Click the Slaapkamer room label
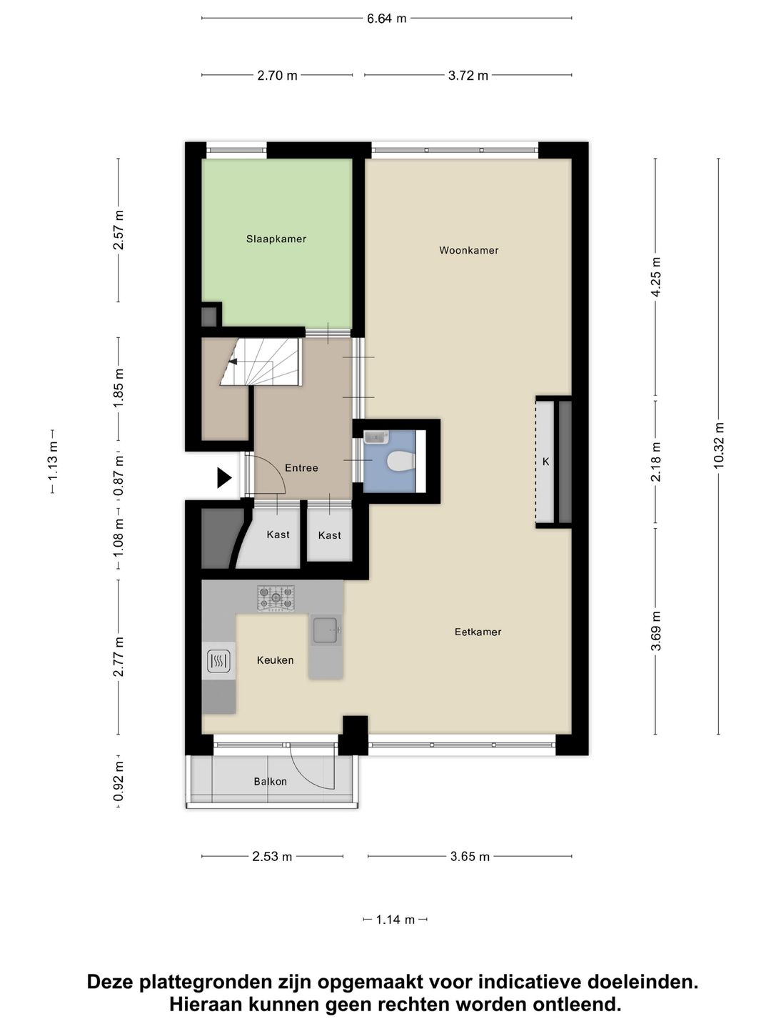(276, 239)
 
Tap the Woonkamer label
(468, 250)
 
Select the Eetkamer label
(478, 632)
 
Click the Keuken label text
(275, 660)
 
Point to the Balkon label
(270, 782)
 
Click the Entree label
(301, 468)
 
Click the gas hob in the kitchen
(276, 598)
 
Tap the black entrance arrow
(224, 477)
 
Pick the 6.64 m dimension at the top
(386, 19)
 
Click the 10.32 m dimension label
(718, 446)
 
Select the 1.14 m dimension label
(395, 920)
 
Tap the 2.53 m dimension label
(272, 856)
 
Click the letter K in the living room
(545, 462)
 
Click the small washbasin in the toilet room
(376, 437)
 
